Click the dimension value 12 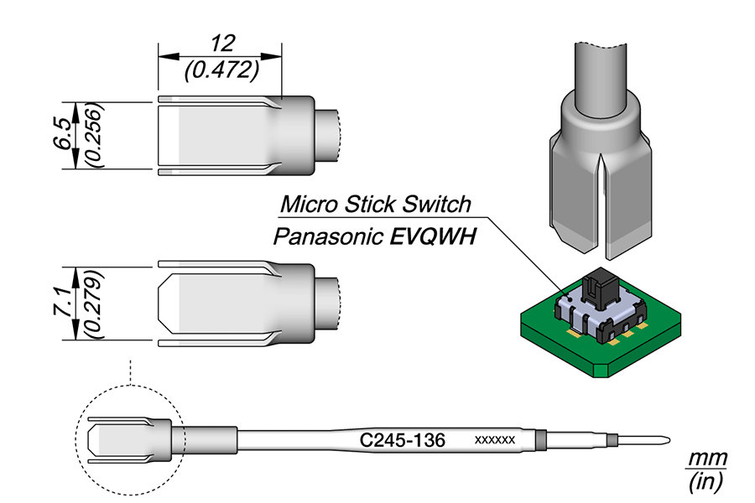[222, 44]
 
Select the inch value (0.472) [222, 70]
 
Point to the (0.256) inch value [94, 135]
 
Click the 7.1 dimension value [63, 302]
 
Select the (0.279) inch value [92, 304]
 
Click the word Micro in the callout [309, 204]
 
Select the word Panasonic [328, 236]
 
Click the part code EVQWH [433, 236]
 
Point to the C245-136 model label [403, 440]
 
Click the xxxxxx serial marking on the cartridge [494, 440]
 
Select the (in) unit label [706, 481]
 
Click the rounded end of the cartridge [666, 440]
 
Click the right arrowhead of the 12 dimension [272, 56]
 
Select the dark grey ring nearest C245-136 [542, 440]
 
